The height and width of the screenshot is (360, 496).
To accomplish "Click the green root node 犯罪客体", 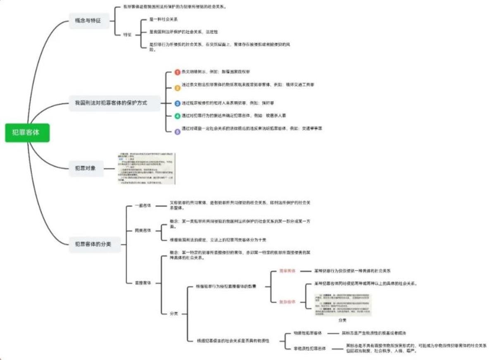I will click(x=27, y=133).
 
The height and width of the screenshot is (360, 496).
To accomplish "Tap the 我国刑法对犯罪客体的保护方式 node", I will click(x=114, y=102).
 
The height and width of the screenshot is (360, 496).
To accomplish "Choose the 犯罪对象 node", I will click(x=86, y=168).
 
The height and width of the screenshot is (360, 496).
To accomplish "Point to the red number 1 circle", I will click(x=177, y=72).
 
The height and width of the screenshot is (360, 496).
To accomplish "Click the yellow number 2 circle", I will click(x=177, y=88).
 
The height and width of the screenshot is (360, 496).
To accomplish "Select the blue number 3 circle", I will click(x=177, y=103).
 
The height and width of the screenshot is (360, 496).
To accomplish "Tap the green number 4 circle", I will click(x=177, y=116).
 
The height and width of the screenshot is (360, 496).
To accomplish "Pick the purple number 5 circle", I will click(x=177, y=132).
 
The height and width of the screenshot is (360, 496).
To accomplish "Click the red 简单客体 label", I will click(x=288, y=271).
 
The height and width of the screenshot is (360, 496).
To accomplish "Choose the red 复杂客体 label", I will click(x=288, y=302).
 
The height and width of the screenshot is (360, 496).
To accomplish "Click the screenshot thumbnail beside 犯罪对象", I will click(x=146, y=168).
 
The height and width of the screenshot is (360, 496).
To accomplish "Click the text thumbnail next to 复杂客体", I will click(x=342, y=304).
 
